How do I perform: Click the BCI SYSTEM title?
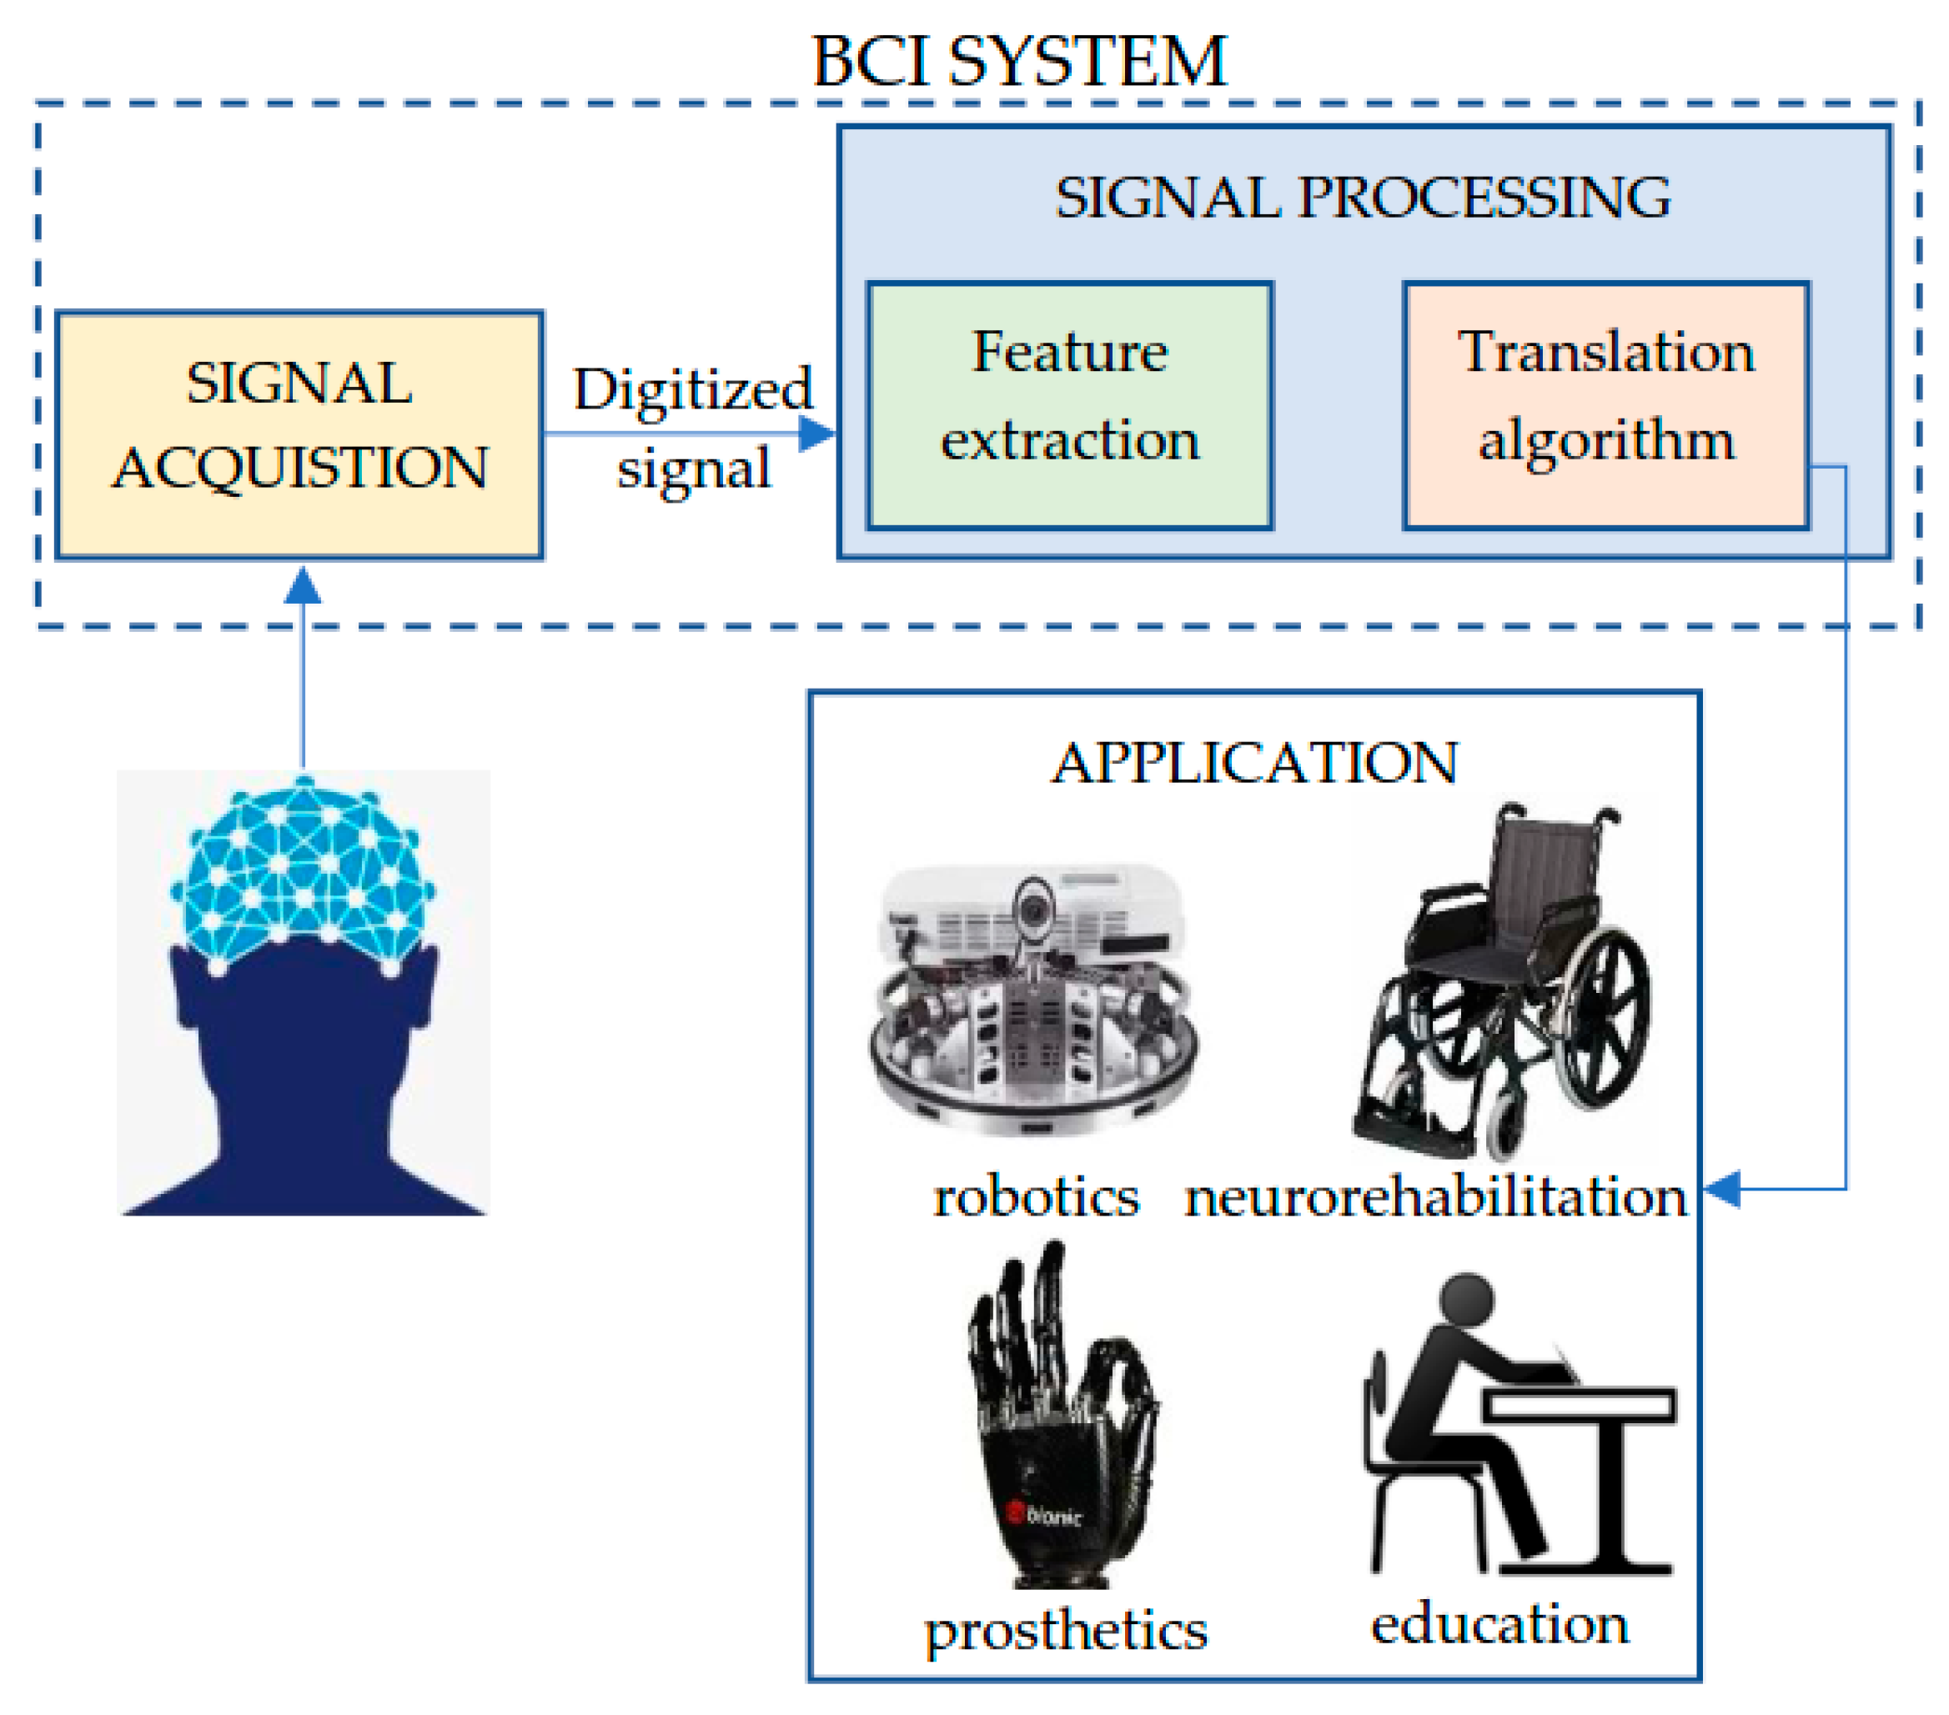click(1018, 62)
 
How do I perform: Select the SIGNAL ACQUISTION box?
click(299, 434)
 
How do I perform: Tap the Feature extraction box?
click(1069, 404)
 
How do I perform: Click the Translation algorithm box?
click(1605, 404)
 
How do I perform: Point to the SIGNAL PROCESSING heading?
click(1363, 198)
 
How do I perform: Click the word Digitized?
click(693, 389)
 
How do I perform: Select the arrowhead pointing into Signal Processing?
click(817, 434)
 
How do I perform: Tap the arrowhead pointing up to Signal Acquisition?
click(304, 585)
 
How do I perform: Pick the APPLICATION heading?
click(1255, 763)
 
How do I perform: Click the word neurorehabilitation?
click(1435, 1197)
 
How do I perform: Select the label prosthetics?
click(1066, 1632)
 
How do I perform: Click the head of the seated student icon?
click(1466, 1301)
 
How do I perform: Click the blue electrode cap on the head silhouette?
click(304, 872)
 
